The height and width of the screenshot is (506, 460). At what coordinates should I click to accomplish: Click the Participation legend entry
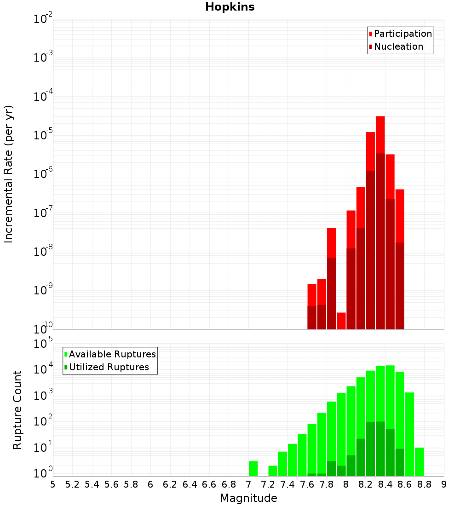(x=403, y=34)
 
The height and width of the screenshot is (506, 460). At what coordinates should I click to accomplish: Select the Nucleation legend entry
(x=398, y=46)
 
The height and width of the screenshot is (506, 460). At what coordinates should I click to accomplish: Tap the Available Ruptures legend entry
(x=112, y=354)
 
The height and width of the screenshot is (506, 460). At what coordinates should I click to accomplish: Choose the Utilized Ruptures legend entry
(x=109, y=367)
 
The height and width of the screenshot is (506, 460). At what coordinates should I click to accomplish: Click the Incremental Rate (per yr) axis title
(x=9, y=174)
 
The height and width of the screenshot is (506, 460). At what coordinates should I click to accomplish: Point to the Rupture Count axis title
(x=17, y=410)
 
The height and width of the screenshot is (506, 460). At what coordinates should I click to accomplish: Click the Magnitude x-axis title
(x=248, y=498)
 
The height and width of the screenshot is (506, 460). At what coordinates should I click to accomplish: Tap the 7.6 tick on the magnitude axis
(x=307, y=484)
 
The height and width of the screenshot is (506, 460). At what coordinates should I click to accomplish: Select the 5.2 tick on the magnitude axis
(x=72, y=484)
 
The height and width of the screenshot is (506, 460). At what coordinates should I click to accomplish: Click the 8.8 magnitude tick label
(x=424, y=484)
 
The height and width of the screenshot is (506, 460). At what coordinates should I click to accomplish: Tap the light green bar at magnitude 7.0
(x=253, y=468)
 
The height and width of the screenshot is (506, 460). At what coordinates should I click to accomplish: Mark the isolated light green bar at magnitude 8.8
(x=419, y=461)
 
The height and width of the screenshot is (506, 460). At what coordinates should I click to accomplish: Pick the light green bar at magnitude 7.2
(x=273, y=471)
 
